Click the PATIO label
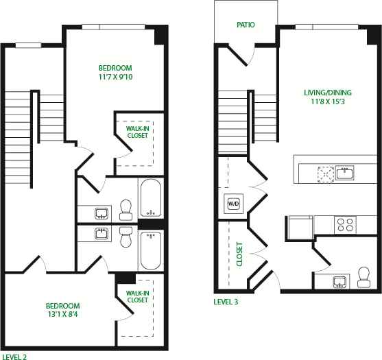(x=246, y=25)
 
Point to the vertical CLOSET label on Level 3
(x=239, y=253)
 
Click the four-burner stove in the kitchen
(x=344, y=224)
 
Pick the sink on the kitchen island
(x=344, y=173)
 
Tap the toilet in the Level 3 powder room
(x=363, y=277)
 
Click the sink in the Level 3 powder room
(x=338, y=281)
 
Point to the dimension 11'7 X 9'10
(x=115, y=77)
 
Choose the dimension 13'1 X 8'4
(x=62, y=315)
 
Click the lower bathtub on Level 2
(x=150, y=250)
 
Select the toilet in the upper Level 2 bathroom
(x=126, y=207)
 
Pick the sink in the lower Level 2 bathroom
(x=101, y=233)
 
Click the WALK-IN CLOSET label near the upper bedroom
(x=138, y=131)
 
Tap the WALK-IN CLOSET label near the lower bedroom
(x=137, y=296)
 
